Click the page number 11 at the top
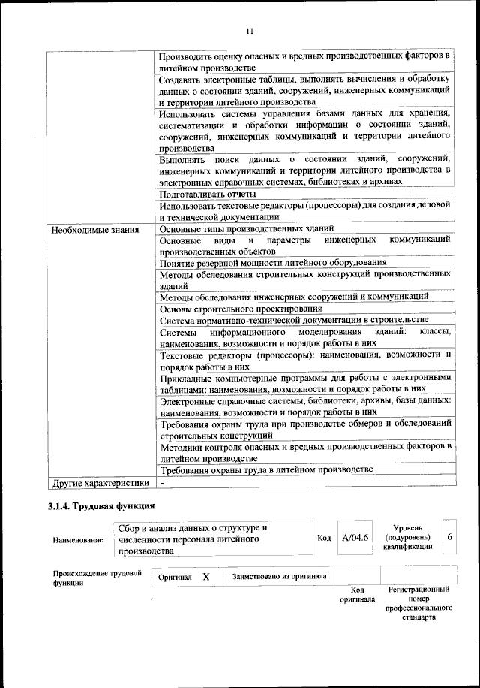[x=250, y=30]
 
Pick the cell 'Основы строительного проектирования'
[x=236, y=309]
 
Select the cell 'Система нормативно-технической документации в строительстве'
[x=294, y=320]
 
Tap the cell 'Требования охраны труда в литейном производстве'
[x=266, y=469]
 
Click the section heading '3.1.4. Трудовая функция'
[x=101, y=505]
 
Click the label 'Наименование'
[x=78, y=540]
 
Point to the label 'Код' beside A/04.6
[x=324, y=539]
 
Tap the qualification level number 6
[x=448, y=538]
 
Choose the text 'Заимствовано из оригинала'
[x=279, y=577]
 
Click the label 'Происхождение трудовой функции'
[x=93, y=578]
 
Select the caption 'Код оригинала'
[x=357, y=596]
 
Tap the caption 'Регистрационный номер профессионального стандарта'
[x=418, y=606]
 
